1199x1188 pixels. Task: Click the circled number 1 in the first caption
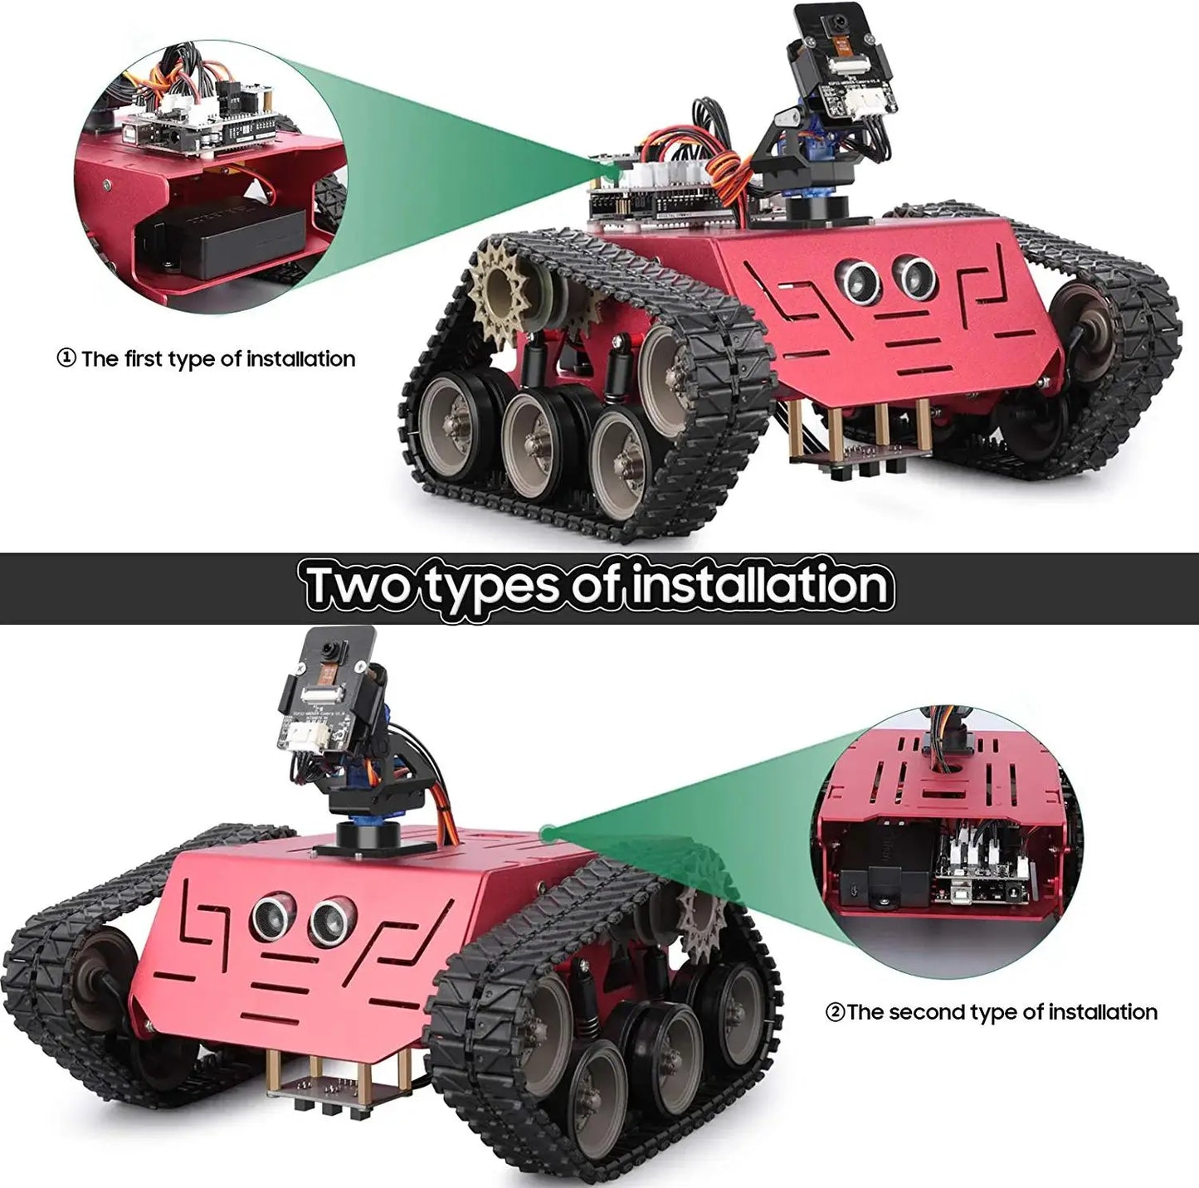(66, 359)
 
